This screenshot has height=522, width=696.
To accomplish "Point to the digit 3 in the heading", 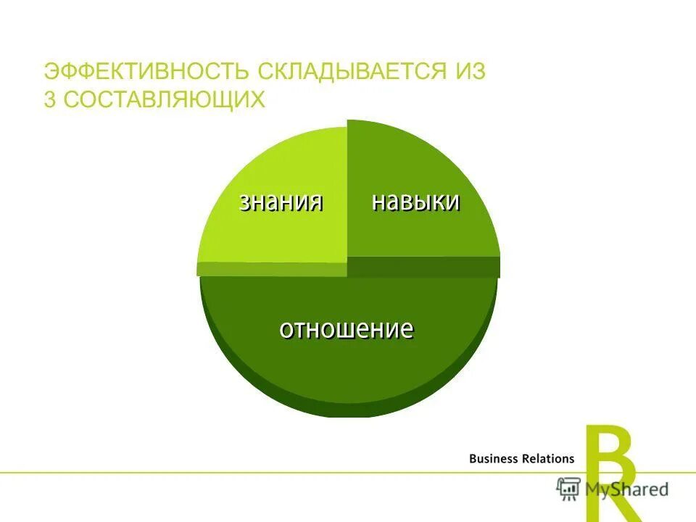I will [x=49, y=100].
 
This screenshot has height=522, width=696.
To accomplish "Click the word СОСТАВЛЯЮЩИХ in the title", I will [x=164, y=100].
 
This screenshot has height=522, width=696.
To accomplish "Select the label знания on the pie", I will [x=281, y=202].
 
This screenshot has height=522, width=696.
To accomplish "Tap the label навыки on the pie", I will [x=415, y=202].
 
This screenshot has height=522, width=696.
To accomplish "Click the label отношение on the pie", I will [x=347, y=329].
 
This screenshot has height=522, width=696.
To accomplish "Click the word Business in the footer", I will [x=494, y=458].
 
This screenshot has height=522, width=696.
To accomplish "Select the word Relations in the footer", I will [x=548, y=458].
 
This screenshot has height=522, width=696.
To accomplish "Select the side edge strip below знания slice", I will [x=272, y=269].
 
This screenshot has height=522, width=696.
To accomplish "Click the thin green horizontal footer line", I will [x=290, y=473].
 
